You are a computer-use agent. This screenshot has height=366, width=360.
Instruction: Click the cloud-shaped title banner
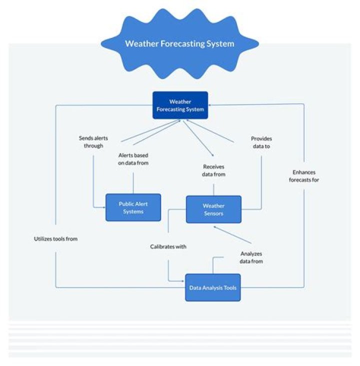tap(179, 44)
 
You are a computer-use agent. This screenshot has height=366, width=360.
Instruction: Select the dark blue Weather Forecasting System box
tap(180, 105)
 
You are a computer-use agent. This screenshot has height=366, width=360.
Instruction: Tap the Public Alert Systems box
tap(133, 207)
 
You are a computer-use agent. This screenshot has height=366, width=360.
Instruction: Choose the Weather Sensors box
tap(213, 209)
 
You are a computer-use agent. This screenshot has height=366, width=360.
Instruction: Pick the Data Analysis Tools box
tap(212, 287)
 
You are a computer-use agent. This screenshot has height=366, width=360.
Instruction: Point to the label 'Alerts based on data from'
tap(133, 159)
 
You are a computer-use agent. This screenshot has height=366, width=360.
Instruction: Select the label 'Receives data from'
tap(214, 170)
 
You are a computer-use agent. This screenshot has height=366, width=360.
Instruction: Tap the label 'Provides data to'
tap(261, 142)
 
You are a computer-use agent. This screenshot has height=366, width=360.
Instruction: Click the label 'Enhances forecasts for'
tap(304, 176)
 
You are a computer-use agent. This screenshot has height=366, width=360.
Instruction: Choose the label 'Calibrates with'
tap(168, 246)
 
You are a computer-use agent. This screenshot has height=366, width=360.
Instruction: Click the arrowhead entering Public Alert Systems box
tap(103, 206)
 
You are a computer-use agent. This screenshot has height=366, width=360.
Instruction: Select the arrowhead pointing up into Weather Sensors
tap(214, 226)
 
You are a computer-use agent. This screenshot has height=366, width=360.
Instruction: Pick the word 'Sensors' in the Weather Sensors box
tap(213, 213)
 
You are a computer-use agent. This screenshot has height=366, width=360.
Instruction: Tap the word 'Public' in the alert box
tap(126, 203)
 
